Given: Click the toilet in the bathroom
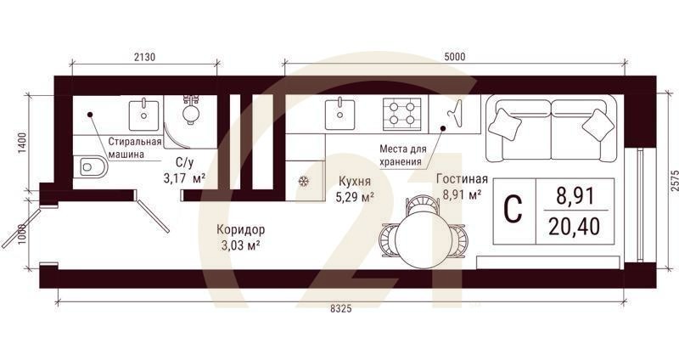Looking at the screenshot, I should (x=92, y=166).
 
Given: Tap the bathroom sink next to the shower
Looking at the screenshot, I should (x=144, y=112).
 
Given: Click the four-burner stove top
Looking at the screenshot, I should (x=402, y=113).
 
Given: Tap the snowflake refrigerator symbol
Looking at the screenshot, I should (x=303, y=181).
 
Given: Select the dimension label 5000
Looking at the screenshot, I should (x=454, y=56).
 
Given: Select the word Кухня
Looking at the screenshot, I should (x=354, y=181).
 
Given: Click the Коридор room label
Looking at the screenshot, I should (x=241, y=229).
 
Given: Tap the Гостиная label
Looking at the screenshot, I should (x=462, y=179).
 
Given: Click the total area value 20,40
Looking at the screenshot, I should (x=575, y=227).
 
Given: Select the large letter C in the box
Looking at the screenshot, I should (x=513, y=210).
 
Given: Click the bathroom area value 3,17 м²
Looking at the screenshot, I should (x=183, y=178).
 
